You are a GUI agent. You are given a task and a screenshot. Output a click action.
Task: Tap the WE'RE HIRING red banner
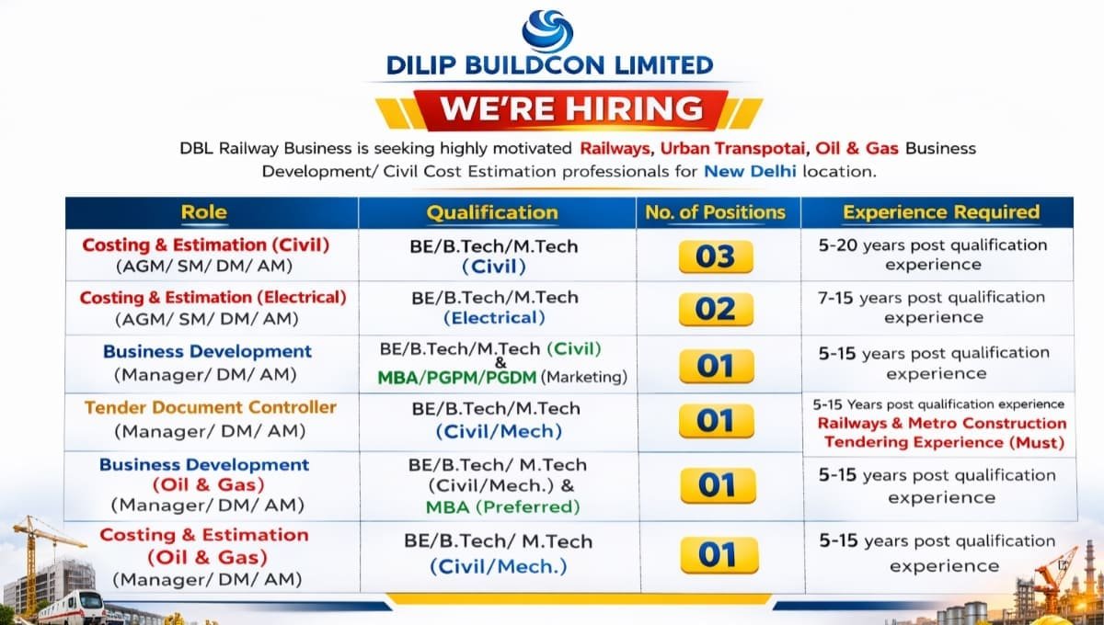(570, 108)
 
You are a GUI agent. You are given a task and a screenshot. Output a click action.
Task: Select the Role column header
(203, 212)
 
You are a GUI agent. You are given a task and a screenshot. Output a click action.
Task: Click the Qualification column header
(491, 212)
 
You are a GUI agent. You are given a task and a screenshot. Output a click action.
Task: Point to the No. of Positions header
(715, 212)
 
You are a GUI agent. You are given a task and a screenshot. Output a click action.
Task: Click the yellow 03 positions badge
(716, 256)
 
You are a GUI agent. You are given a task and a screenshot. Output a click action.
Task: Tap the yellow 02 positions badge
(716, 310)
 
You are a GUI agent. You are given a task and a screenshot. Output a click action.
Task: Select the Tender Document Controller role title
(211, 407)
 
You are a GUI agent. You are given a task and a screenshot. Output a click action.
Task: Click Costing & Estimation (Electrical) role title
(213, 298)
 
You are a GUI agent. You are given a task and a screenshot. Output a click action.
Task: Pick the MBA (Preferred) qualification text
(502, 506)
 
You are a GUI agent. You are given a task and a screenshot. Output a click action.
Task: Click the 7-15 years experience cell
(932, 307)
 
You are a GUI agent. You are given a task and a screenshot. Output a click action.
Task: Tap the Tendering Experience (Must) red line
(943, 442)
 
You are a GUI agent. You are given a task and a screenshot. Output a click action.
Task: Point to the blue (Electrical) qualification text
(494, 318)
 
